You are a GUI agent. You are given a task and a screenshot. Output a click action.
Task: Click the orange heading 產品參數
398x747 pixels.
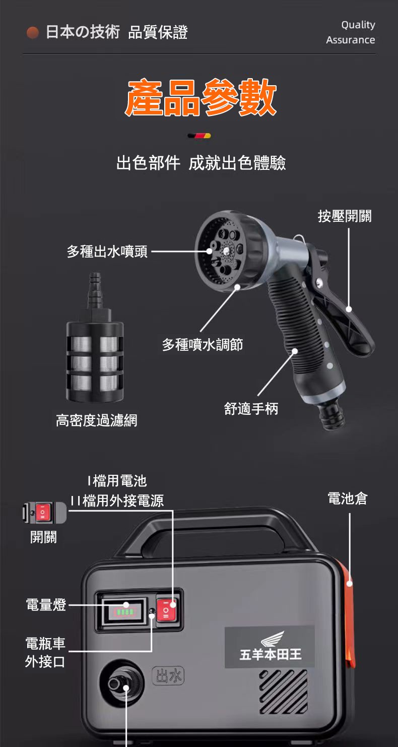point(201,97)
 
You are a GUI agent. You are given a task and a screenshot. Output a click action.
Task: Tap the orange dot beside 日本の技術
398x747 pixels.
point(33,32)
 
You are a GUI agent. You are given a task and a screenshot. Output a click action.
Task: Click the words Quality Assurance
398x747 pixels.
point(350,32)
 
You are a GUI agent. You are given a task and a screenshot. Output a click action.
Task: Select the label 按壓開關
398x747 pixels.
point(345,216)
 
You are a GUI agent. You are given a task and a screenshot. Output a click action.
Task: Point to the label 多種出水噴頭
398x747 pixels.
point(107,251)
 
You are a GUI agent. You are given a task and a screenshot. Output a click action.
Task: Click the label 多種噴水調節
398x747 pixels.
point(203,344)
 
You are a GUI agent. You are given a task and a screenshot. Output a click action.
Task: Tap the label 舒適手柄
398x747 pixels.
point(251,408)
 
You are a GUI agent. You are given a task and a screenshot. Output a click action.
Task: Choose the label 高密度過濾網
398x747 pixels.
point(97,420)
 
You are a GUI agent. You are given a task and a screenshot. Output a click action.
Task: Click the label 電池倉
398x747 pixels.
point(348,498)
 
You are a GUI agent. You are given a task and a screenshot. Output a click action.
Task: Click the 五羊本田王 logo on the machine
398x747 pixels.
point(270,647)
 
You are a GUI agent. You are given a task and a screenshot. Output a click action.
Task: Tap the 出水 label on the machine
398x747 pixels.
point(168,676)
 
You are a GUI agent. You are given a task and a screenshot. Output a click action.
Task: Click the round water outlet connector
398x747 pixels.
point(121,683)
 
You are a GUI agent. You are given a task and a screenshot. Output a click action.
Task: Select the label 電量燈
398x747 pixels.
point(46,604)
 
